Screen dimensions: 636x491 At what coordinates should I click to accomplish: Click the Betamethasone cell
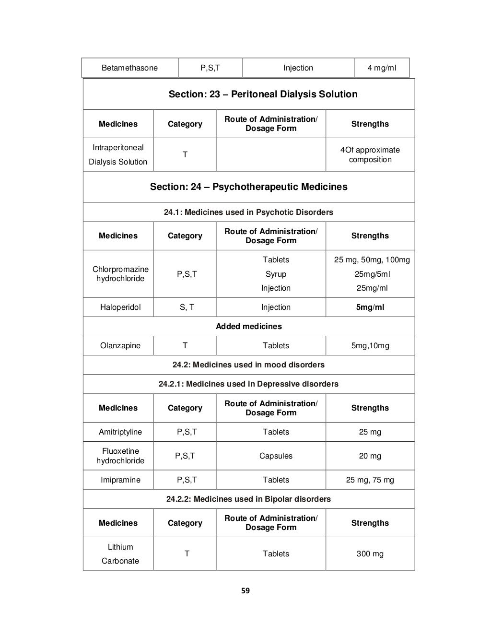(x=129, y=68)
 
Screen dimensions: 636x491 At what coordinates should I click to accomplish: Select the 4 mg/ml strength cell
(x=382, y=68)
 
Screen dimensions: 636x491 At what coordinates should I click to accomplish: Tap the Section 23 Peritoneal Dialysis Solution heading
(x=263, y=94)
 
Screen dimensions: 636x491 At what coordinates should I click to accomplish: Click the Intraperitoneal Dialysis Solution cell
(x=118, y=154)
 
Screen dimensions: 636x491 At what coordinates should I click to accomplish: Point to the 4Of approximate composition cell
(x=370, y=154)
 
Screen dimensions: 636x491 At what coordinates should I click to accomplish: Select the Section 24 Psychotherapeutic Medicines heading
(x=248, y=187)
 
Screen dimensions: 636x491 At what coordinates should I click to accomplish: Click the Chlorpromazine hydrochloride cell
(x=120, y=274)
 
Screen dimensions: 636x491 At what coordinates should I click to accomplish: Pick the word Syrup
(x=276, y=274)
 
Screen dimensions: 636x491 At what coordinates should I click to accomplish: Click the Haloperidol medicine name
(x=120, y=307)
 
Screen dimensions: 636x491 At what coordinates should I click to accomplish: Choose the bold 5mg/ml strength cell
(x=370, y=307)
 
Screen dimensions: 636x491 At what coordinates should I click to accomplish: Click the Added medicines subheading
(x=248, y=326)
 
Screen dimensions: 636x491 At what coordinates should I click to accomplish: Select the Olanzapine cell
(x=120, y=345)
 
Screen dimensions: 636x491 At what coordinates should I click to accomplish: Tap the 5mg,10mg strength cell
(x=370, y=345)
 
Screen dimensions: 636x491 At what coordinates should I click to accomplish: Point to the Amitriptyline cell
(x=120, y=432)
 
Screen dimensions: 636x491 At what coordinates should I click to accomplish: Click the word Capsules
(x=276, y=456)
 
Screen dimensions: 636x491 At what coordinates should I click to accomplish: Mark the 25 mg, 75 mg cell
(x=370, y=480)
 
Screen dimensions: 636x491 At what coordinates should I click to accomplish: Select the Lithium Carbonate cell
(x=120, y=554)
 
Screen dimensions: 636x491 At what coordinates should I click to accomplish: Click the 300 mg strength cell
(x=370, y=554)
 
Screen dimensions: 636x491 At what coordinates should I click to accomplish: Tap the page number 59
(x=245, y=591)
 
